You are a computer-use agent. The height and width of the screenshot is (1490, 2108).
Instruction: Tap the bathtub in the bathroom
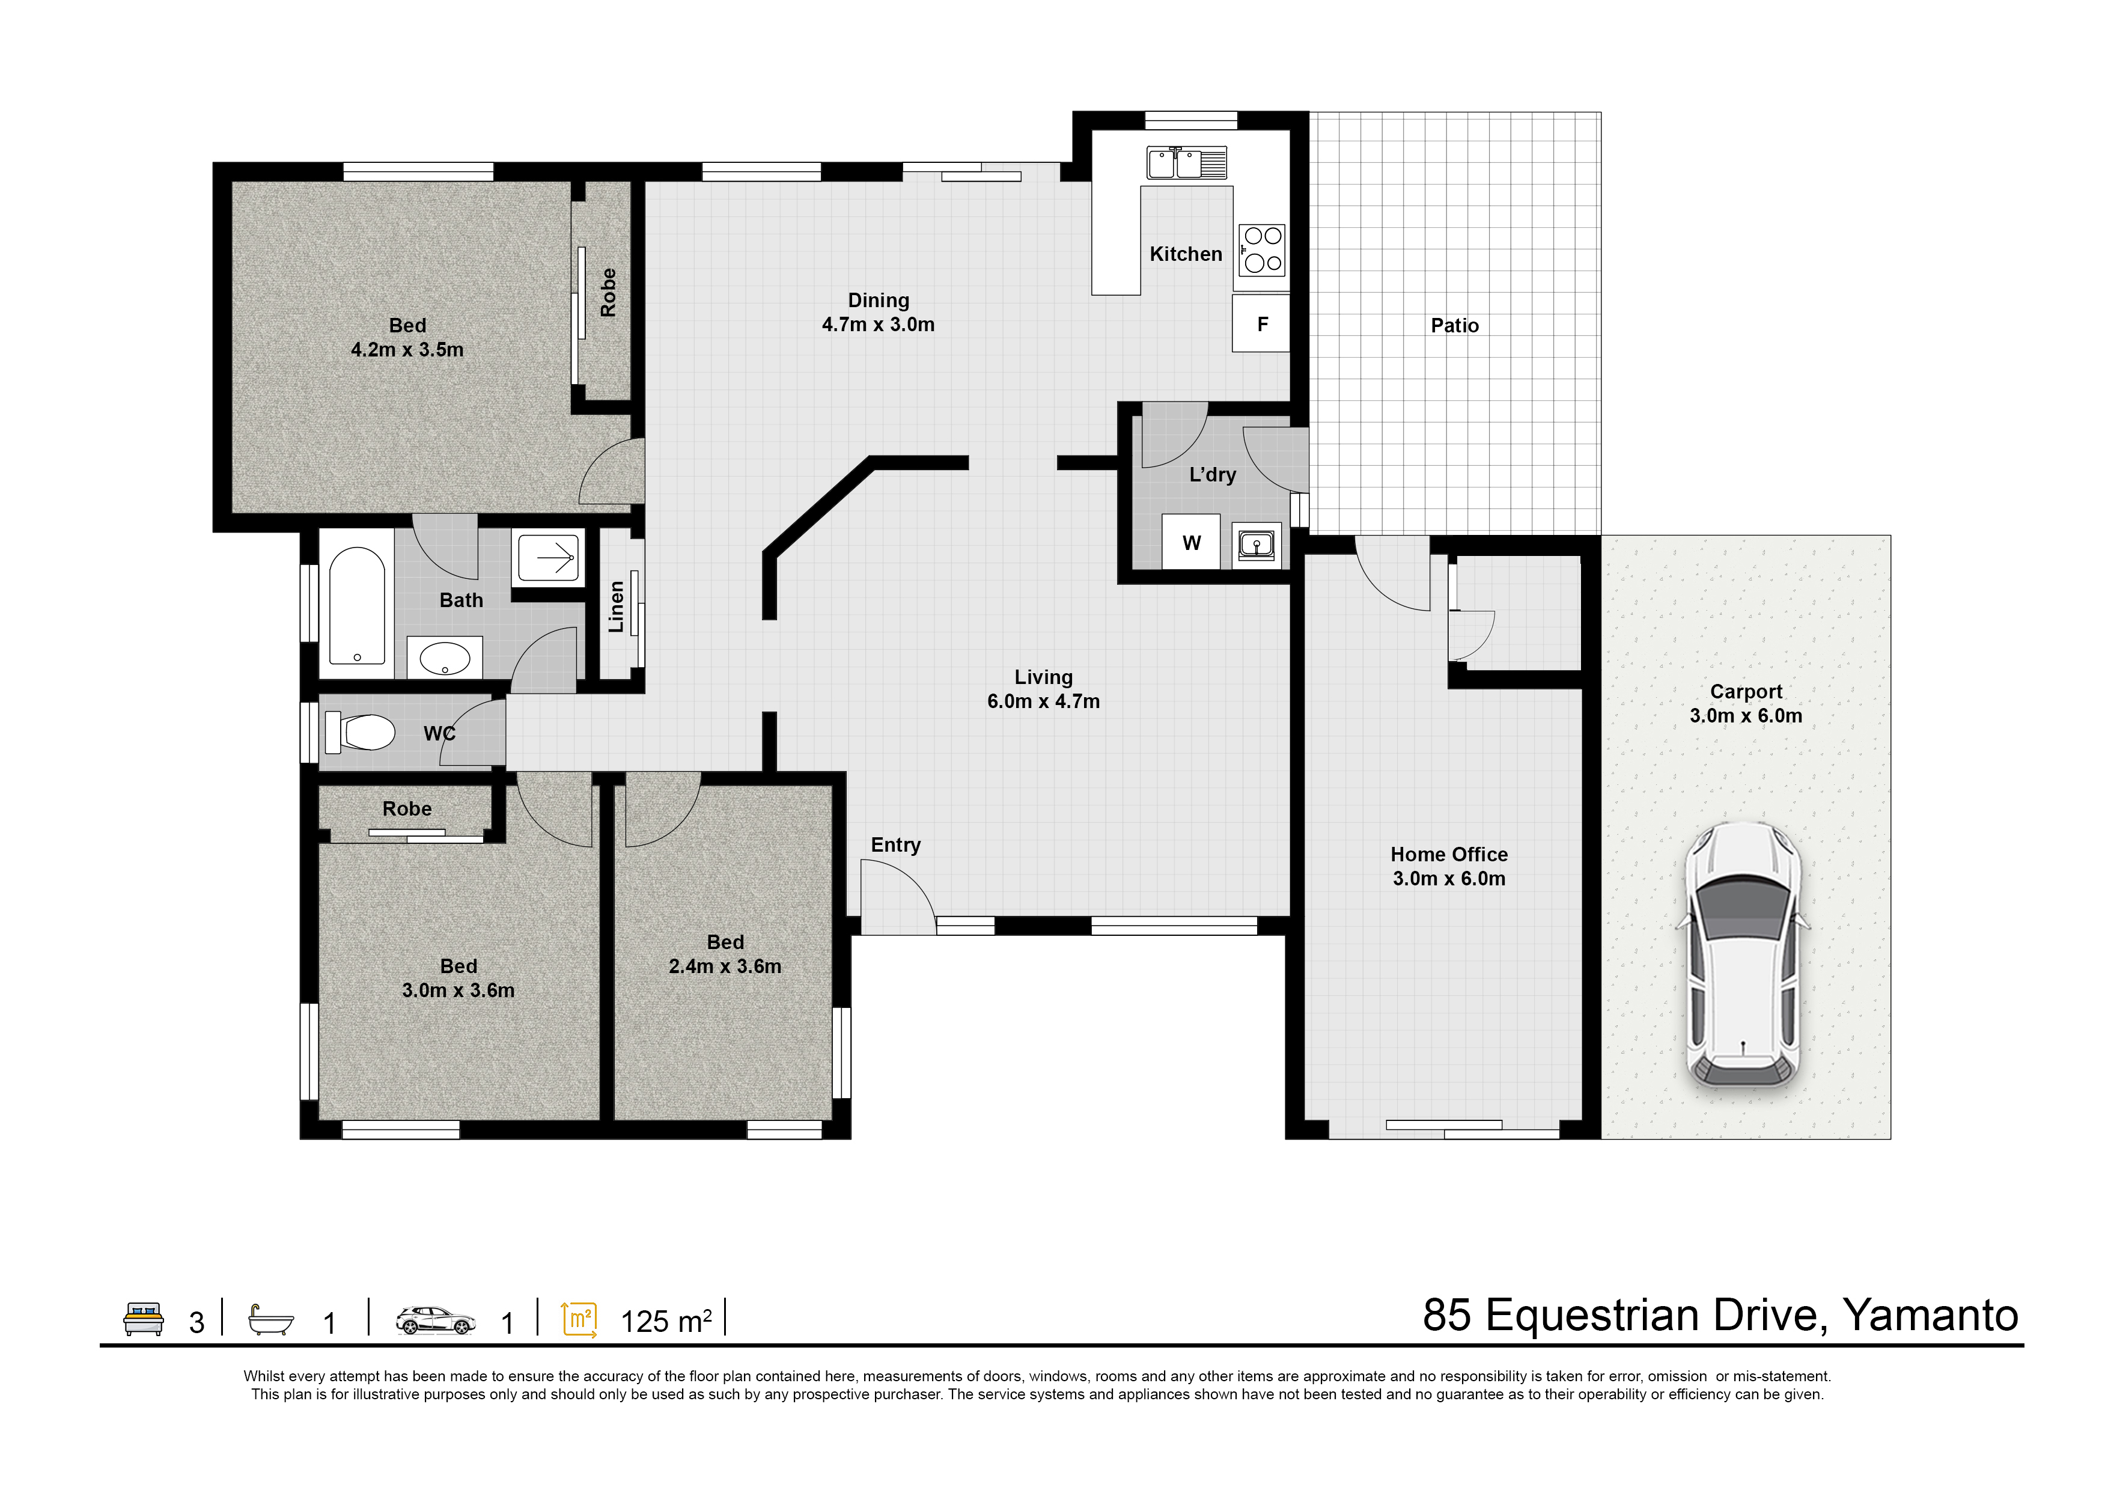(x=356, y=606)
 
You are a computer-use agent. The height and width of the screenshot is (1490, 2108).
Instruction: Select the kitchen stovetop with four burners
(x=1263, y=249)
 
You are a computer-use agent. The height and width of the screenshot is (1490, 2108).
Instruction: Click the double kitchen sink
(x=1186, y=163)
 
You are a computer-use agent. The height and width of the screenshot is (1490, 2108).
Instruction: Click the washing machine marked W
(x=1191, y=543)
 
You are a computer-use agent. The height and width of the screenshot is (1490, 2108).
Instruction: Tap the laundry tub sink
(x=1256, y=545)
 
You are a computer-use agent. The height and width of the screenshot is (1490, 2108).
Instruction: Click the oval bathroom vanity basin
(x=444, y=658)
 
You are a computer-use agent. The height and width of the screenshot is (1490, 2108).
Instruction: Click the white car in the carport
(x=1741, y=955)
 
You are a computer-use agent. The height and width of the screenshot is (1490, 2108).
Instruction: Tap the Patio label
(x=1454, y=325)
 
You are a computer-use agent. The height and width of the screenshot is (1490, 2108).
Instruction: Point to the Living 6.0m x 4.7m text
(x=1043, y=689)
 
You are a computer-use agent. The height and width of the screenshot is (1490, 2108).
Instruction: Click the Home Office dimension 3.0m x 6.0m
(x=1449, y=879)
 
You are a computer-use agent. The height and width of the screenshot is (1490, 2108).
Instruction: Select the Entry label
(x=895, y=844)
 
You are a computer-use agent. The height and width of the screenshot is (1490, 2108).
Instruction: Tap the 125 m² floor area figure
(x=666, y=1321)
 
